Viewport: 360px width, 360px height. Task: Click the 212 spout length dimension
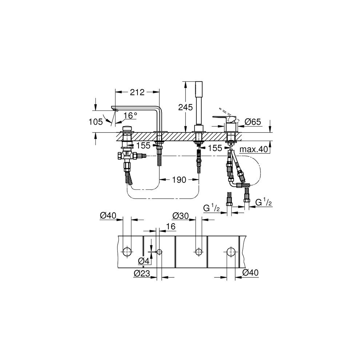(x=137, y=92)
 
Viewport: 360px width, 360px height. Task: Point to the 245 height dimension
(x=185, y=107)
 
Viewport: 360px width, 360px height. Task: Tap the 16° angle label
(x=131, y=116)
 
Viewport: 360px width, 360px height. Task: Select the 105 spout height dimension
(x=96, y=122)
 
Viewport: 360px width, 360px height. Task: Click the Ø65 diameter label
(x=253, y=122)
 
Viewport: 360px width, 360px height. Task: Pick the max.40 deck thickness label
(x=253, y=149)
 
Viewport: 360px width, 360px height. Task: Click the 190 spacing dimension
(x=179, y=180)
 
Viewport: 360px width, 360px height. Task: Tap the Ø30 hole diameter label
(x=180, y=216)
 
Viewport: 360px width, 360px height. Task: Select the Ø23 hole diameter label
(x=142, y=273)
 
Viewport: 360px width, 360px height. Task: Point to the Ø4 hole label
(x=144, y=261)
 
